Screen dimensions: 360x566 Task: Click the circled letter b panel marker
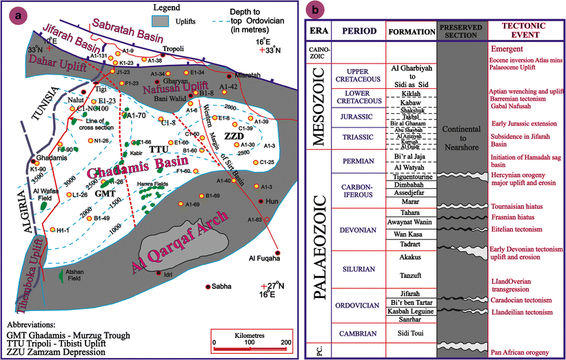[x=314, y=11]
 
